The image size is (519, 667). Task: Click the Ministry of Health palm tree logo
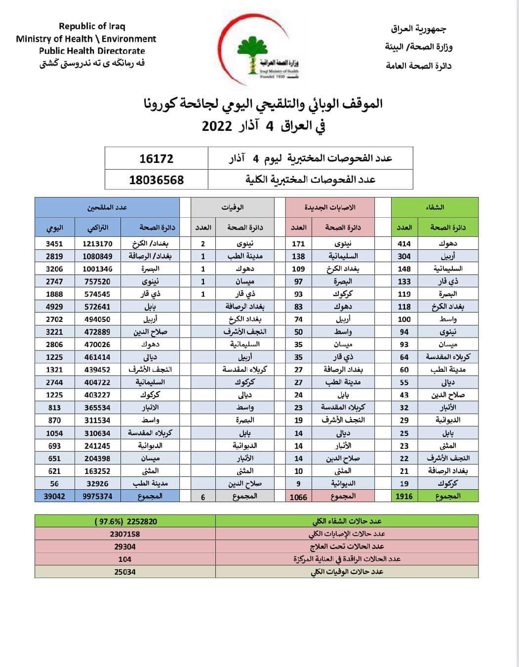(254, 51)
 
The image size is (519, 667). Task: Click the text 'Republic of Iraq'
(92, 26)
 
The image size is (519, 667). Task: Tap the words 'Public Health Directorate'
(92, 51)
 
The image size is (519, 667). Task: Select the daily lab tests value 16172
(156, 158)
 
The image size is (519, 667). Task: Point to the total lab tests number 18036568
(156, 180)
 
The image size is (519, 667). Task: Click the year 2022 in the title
(217, 125)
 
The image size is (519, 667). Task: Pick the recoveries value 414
(404, 243)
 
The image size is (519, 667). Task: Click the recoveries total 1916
(404, 496)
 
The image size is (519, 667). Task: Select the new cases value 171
(298, 243)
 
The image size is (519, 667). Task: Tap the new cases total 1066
(298, 497)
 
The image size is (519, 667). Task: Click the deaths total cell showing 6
(203, 497)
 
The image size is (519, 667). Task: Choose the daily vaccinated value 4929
(54, 307)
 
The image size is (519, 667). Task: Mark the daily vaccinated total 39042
(54, 496)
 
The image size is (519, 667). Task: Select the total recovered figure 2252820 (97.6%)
(125, 521)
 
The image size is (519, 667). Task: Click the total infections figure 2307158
(125, 534)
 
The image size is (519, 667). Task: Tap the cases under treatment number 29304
(125, 547)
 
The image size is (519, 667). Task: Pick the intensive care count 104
(125, 559)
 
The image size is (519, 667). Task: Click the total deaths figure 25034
(125, 572)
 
